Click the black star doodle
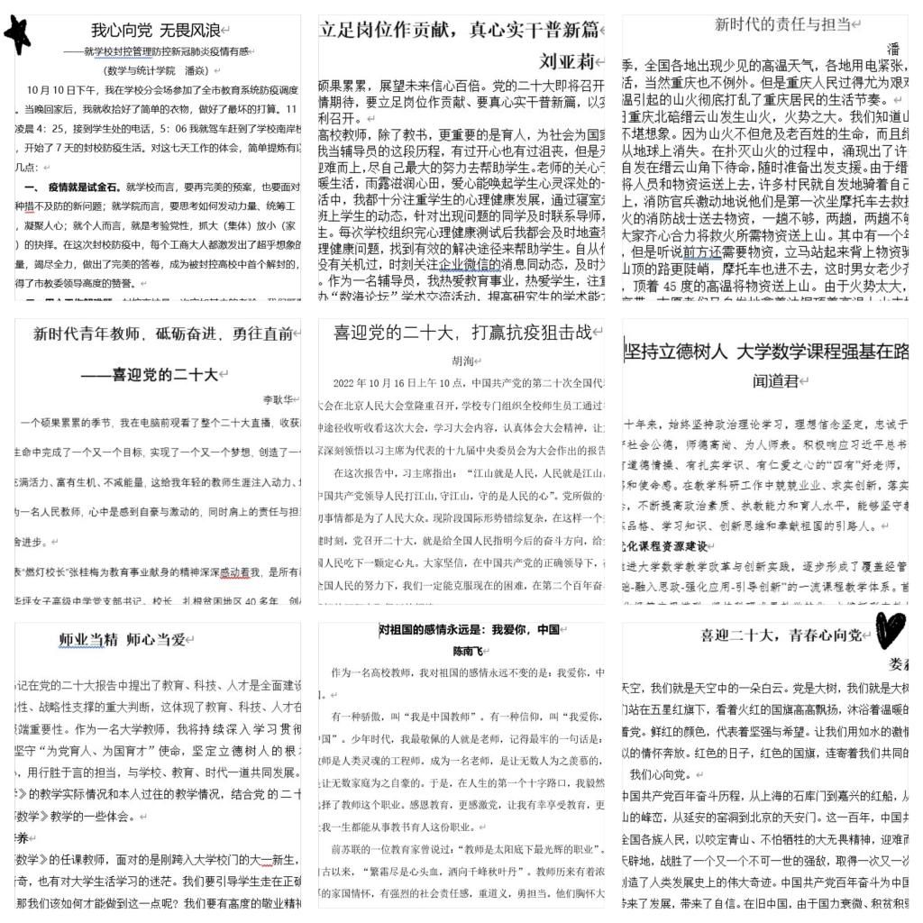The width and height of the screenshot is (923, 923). (x=17, y=34)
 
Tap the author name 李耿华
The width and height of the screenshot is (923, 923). (x=280, y=399)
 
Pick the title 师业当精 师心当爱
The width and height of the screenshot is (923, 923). (x=123, y=639)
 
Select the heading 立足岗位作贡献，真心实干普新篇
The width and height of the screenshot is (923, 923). (x=460, y=30)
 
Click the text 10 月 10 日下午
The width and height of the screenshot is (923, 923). (x=62, y=90)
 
